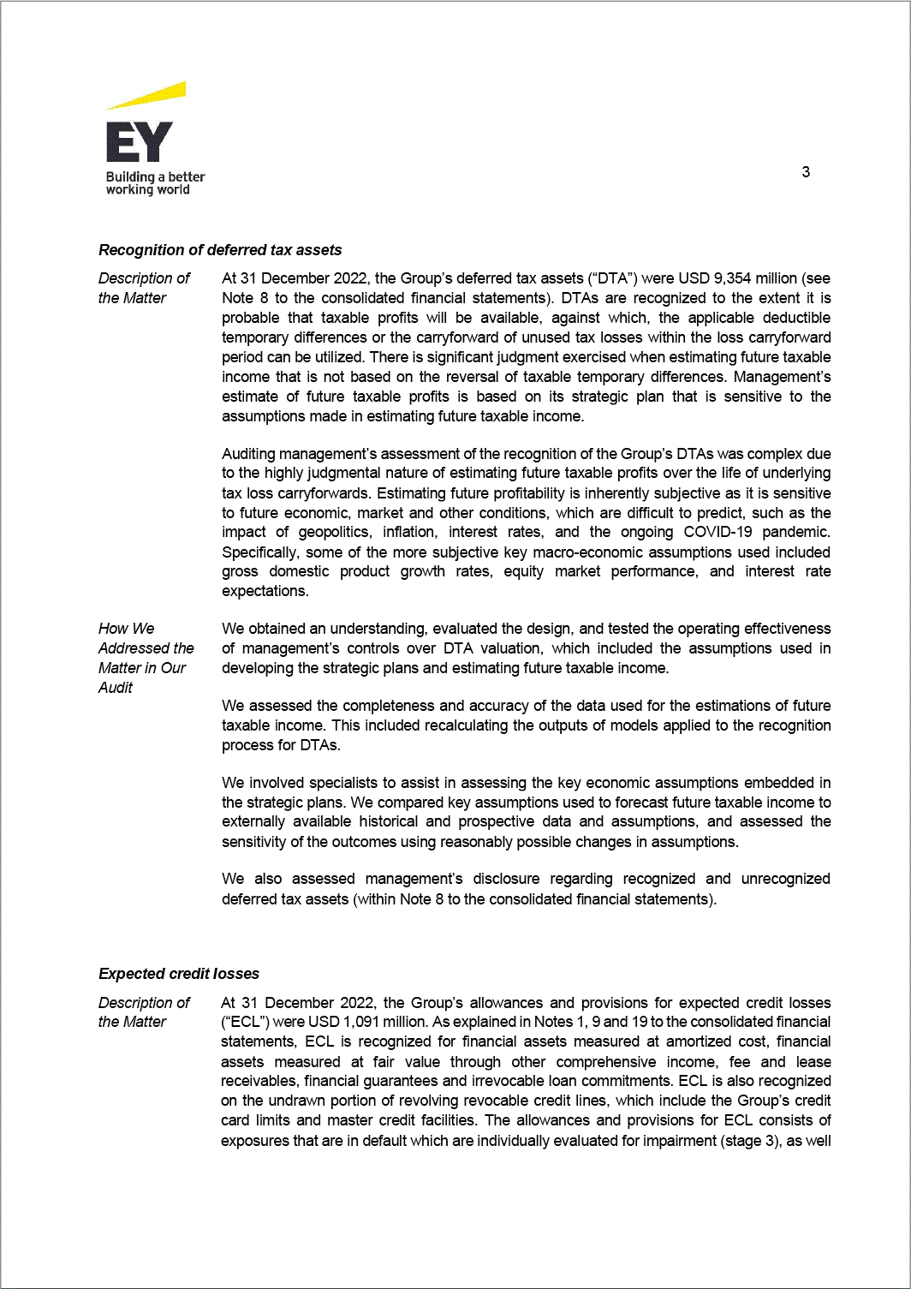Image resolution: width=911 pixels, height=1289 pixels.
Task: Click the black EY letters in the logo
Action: click(x=139, y=142)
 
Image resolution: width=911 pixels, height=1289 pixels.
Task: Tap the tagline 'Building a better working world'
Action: click(x=155, y=183)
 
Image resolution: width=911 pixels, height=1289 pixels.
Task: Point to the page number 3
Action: click(x=806, y=172)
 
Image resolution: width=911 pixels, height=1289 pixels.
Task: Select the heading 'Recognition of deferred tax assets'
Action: click(x=220, y=250)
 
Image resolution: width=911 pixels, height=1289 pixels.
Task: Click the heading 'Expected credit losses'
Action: click(x=179, y=974)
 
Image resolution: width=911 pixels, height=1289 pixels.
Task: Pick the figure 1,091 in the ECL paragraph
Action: click(x=361, y=1022)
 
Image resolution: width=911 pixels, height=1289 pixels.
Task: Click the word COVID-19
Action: click(x=717, y=532)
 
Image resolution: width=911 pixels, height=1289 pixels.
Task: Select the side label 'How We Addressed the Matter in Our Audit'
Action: click(x=146, y=658)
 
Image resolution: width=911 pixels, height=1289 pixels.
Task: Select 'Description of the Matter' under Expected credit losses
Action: click(x=144, y=1012)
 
